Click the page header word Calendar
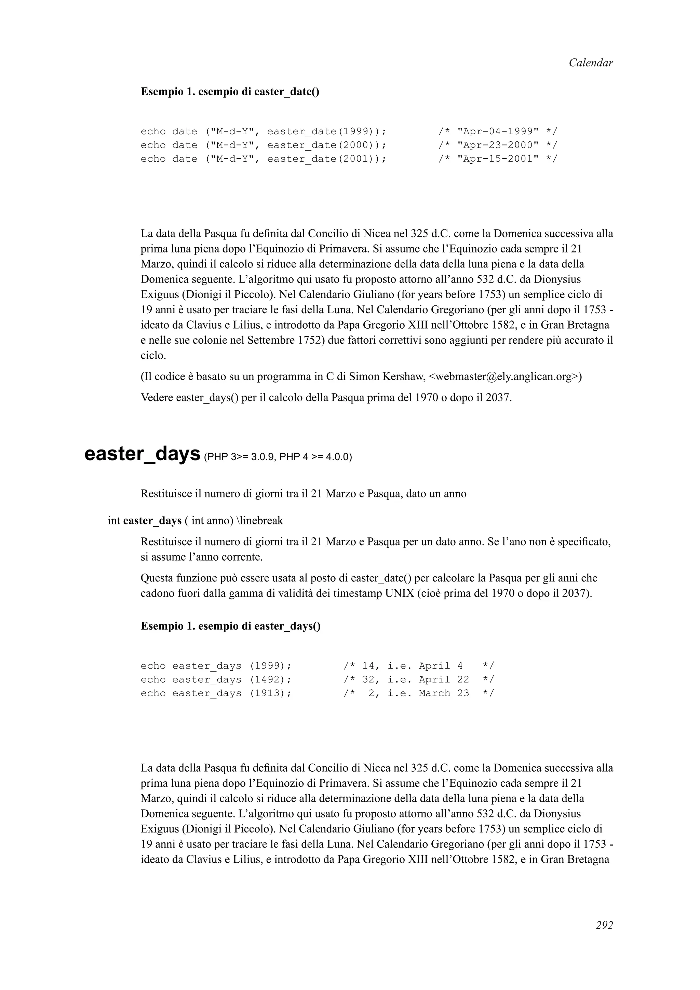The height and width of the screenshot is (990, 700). pos(590,63)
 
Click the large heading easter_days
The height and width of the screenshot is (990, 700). pos(142,454)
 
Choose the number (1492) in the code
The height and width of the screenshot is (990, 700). pos(270,679)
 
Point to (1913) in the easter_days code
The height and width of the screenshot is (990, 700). pos(270,693)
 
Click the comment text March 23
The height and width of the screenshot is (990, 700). pos(443,693)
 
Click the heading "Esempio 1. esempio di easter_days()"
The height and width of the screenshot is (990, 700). pos(231,626)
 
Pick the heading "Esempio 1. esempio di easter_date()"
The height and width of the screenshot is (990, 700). pos(230,92)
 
